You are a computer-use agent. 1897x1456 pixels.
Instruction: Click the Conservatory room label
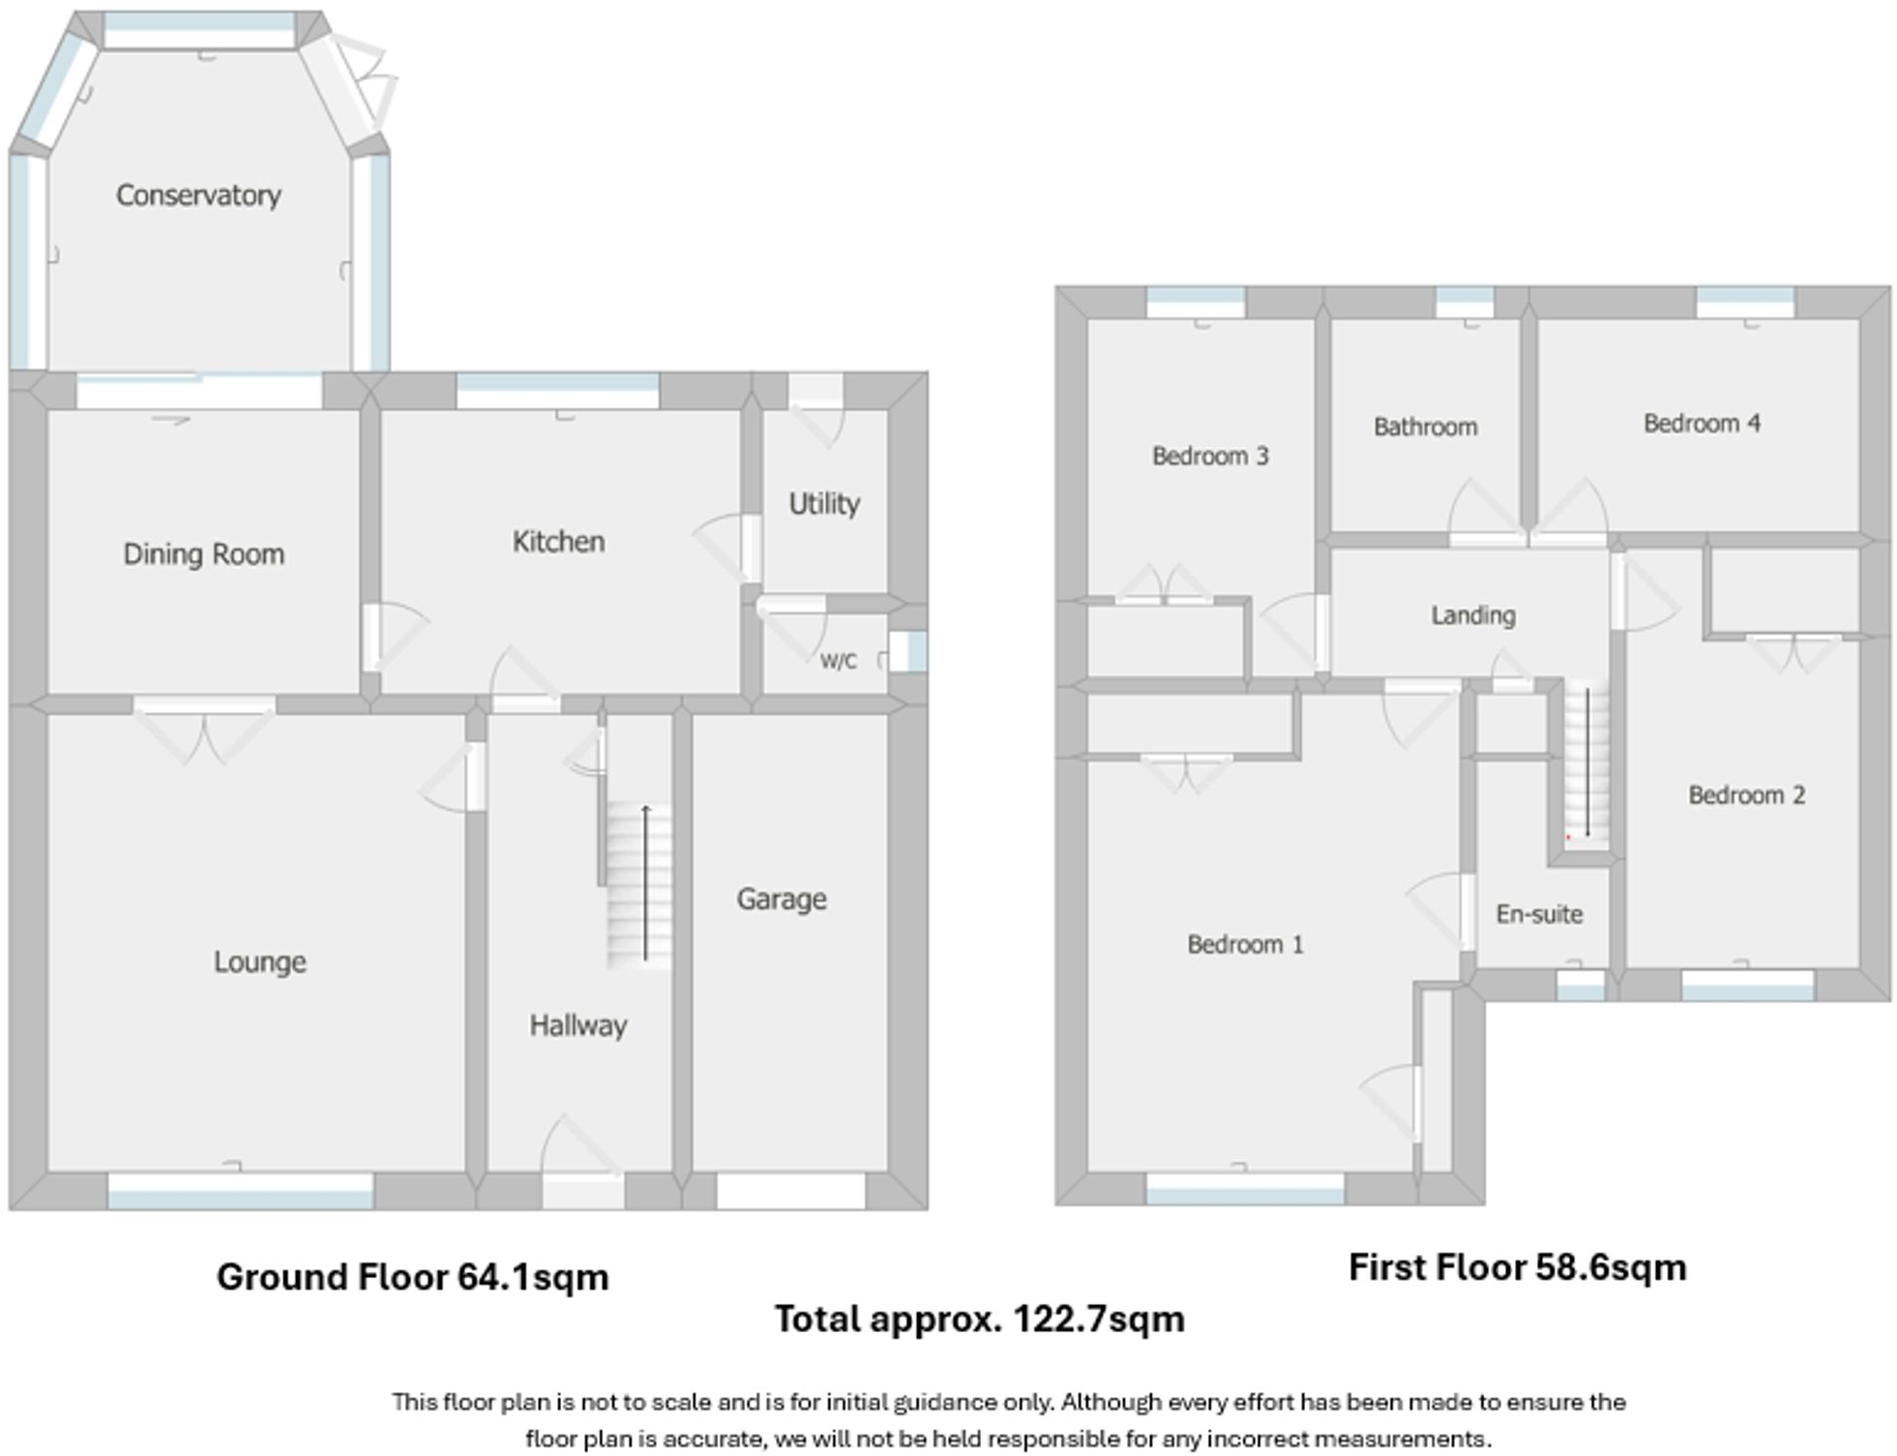tap(198, 195)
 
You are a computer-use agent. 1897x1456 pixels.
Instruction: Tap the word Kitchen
tap(558, 542)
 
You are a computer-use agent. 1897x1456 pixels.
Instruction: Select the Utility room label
tap(823, 504)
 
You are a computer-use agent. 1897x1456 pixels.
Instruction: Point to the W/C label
tap(838, 662)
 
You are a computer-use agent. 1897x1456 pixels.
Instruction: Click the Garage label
tap(781, 900)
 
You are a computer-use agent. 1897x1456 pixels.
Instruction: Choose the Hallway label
tap(578, 1025)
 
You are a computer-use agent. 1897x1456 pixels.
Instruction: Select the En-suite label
tap(1538, 914)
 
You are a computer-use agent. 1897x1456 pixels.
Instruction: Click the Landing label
tap(1472, 615)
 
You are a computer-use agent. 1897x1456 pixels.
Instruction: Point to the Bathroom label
tap(1425, 427)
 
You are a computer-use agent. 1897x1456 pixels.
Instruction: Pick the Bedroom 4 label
tap(1701, 423)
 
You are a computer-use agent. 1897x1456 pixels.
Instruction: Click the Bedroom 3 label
tap(1209, 456)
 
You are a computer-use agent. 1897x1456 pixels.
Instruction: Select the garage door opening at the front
tap(790, 1191)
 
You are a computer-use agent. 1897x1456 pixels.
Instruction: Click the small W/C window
tap(914, 652)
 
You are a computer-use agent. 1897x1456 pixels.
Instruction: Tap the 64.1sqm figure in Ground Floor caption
tap(532, 1277)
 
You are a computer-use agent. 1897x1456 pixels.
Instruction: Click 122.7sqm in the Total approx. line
tap(1098, 1320)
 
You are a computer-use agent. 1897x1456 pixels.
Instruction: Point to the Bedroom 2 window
tap(1747, 986)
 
